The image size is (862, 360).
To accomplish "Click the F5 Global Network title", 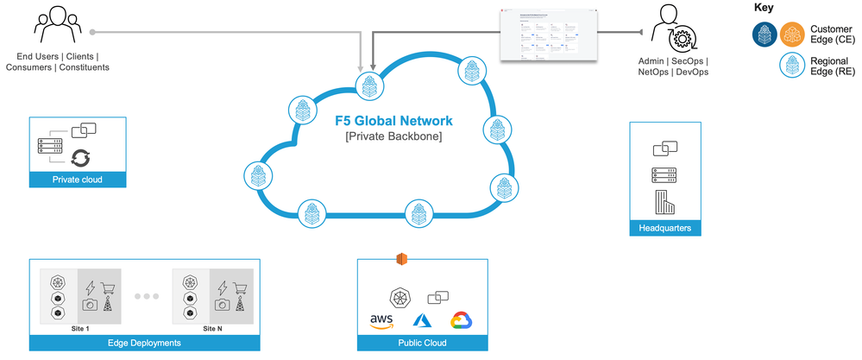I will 393,121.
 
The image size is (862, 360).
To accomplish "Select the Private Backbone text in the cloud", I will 393,136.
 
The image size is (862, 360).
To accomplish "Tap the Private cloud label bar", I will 78,180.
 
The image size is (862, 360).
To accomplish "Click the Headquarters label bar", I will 665,228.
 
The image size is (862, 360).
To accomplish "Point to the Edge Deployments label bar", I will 143,343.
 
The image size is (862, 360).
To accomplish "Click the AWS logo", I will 381,322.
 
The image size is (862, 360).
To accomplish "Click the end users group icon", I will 56,27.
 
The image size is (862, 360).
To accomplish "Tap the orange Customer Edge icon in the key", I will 791,35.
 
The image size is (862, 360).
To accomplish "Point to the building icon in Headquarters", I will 664,204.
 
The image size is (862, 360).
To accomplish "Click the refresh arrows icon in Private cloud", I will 80,156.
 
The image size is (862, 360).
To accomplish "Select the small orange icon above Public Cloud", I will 400,259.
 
